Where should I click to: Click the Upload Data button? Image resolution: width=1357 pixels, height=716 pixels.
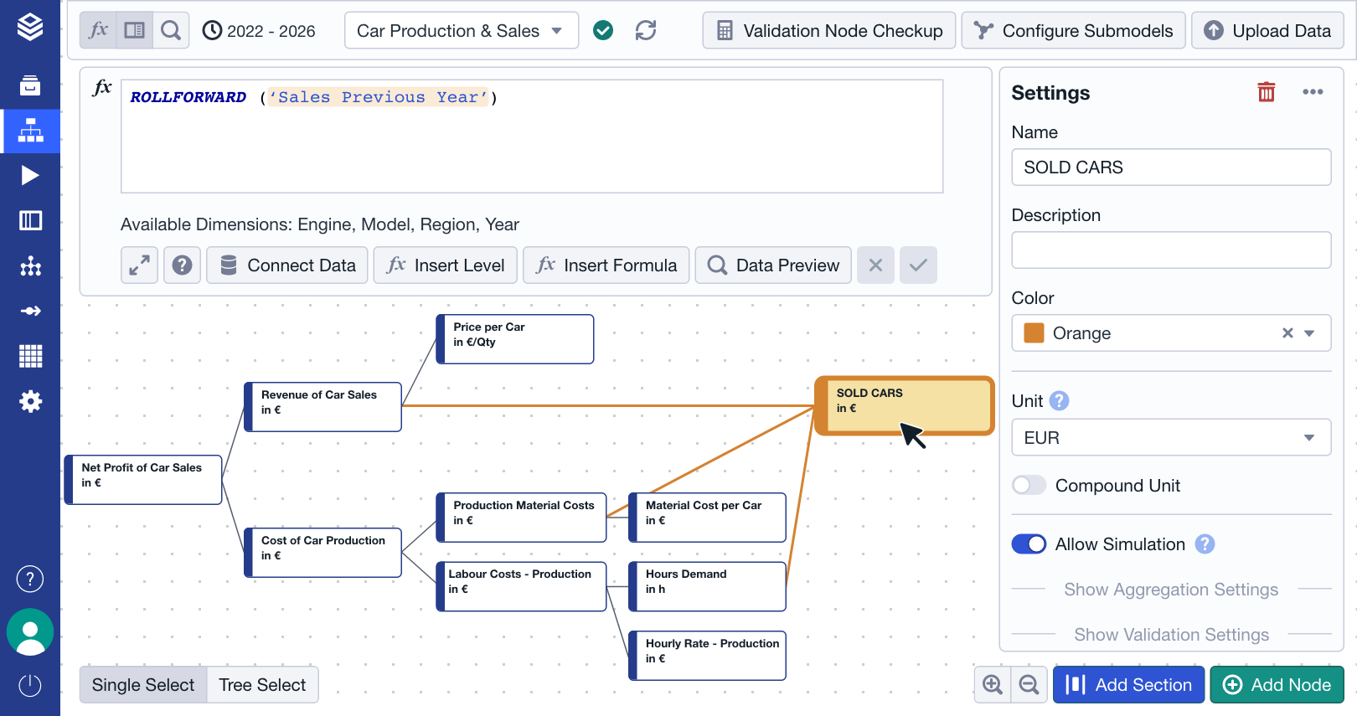[1267, 31]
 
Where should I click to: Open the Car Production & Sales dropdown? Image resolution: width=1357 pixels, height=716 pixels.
[461, 31]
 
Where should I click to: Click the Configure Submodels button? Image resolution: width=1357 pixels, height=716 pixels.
[1073, 31]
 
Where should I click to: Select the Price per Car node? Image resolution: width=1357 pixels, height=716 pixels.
[515, 339]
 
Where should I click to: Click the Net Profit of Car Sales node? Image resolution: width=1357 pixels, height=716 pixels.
[143, 480]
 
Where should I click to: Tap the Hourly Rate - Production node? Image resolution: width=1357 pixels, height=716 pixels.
[708, 655]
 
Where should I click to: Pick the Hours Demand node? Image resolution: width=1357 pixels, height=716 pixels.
[708, 586]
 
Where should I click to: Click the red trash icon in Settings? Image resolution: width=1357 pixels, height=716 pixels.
[1266, 92]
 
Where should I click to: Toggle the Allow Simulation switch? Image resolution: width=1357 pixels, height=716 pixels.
[1029, 544]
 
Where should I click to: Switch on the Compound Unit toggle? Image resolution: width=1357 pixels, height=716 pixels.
[1029, 486]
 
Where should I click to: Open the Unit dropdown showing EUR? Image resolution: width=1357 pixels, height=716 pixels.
[1170, 438]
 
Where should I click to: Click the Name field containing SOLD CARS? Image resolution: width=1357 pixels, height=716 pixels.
[1170, 167]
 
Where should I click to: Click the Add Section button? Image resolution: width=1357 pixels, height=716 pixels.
[1128, 685]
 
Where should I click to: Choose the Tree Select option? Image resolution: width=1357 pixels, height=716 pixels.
[262, 685]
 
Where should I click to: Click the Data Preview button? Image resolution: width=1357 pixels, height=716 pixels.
[773, 265]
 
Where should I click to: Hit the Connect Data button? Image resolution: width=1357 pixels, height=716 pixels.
[287, 265]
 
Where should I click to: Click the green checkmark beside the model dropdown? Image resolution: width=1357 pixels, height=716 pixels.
[603, 31]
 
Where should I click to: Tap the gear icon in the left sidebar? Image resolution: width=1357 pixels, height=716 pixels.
[30, 402]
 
